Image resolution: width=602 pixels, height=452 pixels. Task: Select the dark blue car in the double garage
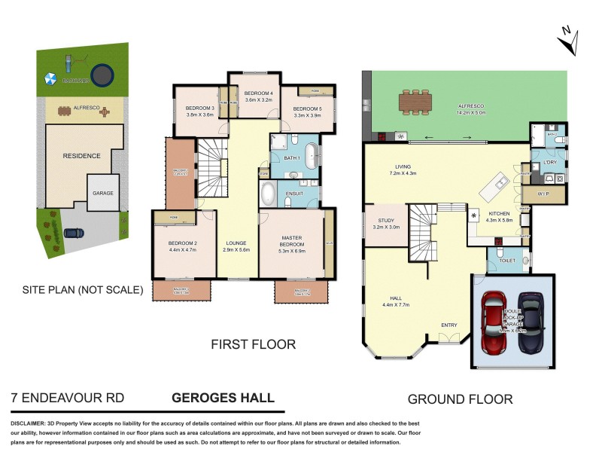tap(531, 322)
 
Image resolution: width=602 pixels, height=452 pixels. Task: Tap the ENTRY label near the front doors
tap(448, 325)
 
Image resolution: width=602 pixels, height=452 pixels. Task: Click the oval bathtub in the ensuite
tap(268, 194)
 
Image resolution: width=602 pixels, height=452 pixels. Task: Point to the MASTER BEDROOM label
tap(291, 241)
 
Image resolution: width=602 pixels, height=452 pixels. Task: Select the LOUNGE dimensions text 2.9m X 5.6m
tap(236, 249)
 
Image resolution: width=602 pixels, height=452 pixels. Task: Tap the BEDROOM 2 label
tap(181, 243)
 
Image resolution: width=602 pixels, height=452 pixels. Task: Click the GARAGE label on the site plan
tap(103, 193)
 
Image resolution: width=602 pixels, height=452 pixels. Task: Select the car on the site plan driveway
tap(74, 233)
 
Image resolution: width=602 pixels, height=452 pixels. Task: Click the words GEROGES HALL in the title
tap(223, 398)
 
